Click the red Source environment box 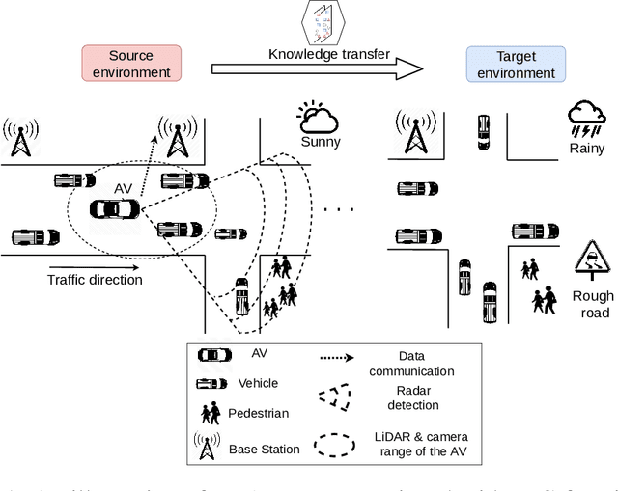pyautogui.click(x=130, y=65)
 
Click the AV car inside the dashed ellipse pyautogui.click(x=115, y=208)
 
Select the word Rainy pyautogui.click(x=586, y=149)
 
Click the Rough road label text pyautogui.click(x=591, y=304)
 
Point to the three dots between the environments pyautogui.click(x=337, y=207)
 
